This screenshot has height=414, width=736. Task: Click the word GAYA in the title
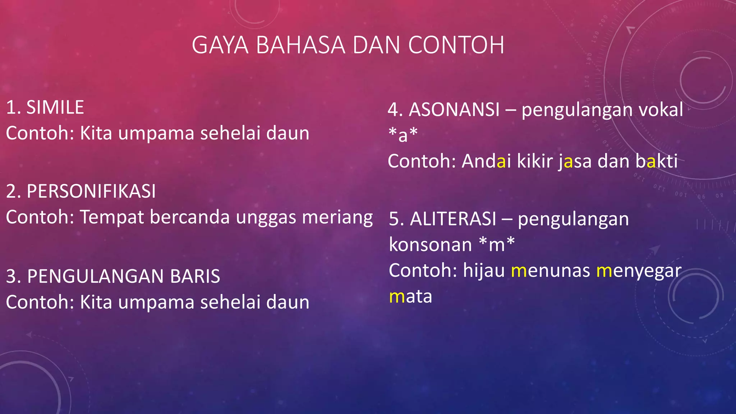pyautogui.click(x=220, y=45)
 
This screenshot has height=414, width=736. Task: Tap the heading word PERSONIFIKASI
pyautogui.click(x=91, y=191)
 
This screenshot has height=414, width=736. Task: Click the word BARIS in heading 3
pyautogui.click(x=195, y=276)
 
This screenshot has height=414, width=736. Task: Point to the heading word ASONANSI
pyautogui.click(x=454, y=110)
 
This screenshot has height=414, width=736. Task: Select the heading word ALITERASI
pyautogui.click(x=453, y=219)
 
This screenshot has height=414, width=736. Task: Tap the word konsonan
pyautogui.click(x=430, y=245)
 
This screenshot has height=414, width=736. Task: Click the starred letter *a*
pyautogui.click(x=403, y=135)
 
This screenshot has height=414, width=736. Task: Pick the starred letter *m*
pyautogui.click(x=497, y=245)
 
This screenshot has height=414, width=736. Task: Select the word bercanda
pyautogui.click(x=189, y=217)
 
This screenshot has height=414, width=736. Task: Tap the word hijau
pyautogui.click(x=484, y=271)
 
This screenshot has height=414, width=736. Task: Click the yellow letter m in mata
pyautogui.click(x=397, y=297)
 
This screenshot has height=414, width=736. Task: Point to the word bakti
pyautogui.click(x=656, y=161)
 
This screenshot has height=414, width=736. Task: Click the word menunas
pyautogui.click(x=550, y=271)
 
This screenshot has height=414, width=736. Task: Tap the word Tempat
pyautogui.click(x=112, y=217)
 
